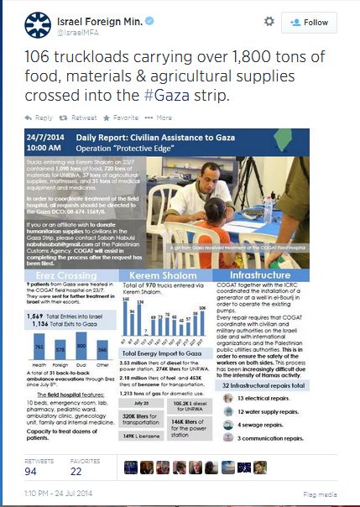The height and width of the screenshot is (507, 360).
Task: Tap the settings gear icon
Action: (269, 21)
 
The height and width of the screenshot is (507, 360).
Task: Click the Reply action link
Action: (44, 118)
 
